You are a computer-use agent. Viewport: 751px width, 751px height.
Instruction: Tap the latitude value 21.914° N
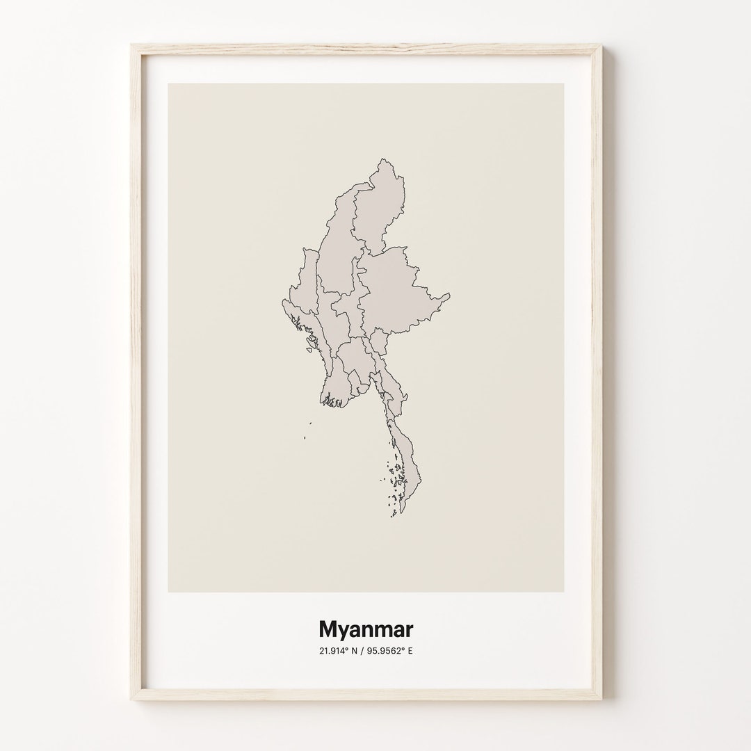coord(339,652)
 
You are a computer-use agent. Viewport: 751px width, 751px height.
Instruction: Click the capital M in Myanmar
coord(328,629)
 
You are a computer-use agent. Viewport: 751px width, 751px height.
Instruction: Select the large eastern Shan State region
coord(400,292)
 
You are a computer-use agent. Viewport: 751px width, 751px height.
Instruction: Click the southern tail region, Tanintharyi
coord(407,459)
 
